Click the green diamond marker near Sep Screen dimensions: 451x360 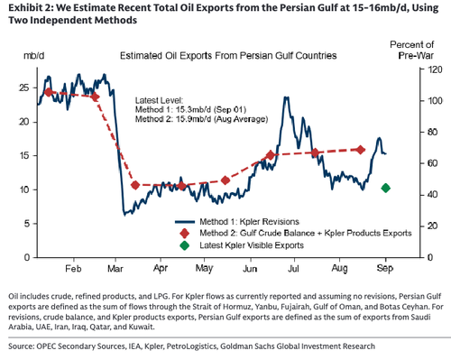386,188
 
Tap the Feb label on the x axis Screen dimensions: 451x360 73,268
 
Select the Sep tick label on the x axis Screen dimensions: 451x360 385,268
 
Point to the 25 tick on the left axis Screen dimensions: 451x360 24,88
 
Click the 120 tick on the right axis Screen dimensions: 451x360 435,69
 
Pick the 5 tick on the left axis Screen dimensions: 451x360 27,224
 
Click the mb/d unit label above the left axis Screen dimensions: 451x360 34,56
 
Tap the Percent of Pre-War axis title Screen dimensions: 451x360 412,50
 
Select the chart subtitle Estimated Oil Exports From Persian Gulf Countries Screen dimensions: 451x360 228,56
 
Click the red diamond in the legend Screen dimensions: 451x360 184,234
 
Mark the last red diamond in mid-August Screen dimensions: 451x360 361,150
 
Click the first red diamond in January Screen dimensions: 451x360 49,92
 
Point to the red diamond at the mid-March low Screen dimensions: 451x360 135,185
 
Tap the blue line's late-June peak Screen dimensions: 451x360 286,97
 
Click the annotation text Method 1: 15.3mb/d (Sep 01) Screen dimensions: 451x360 190,109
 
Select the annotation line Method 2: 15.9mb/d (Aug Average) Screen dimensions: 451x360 201,119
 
